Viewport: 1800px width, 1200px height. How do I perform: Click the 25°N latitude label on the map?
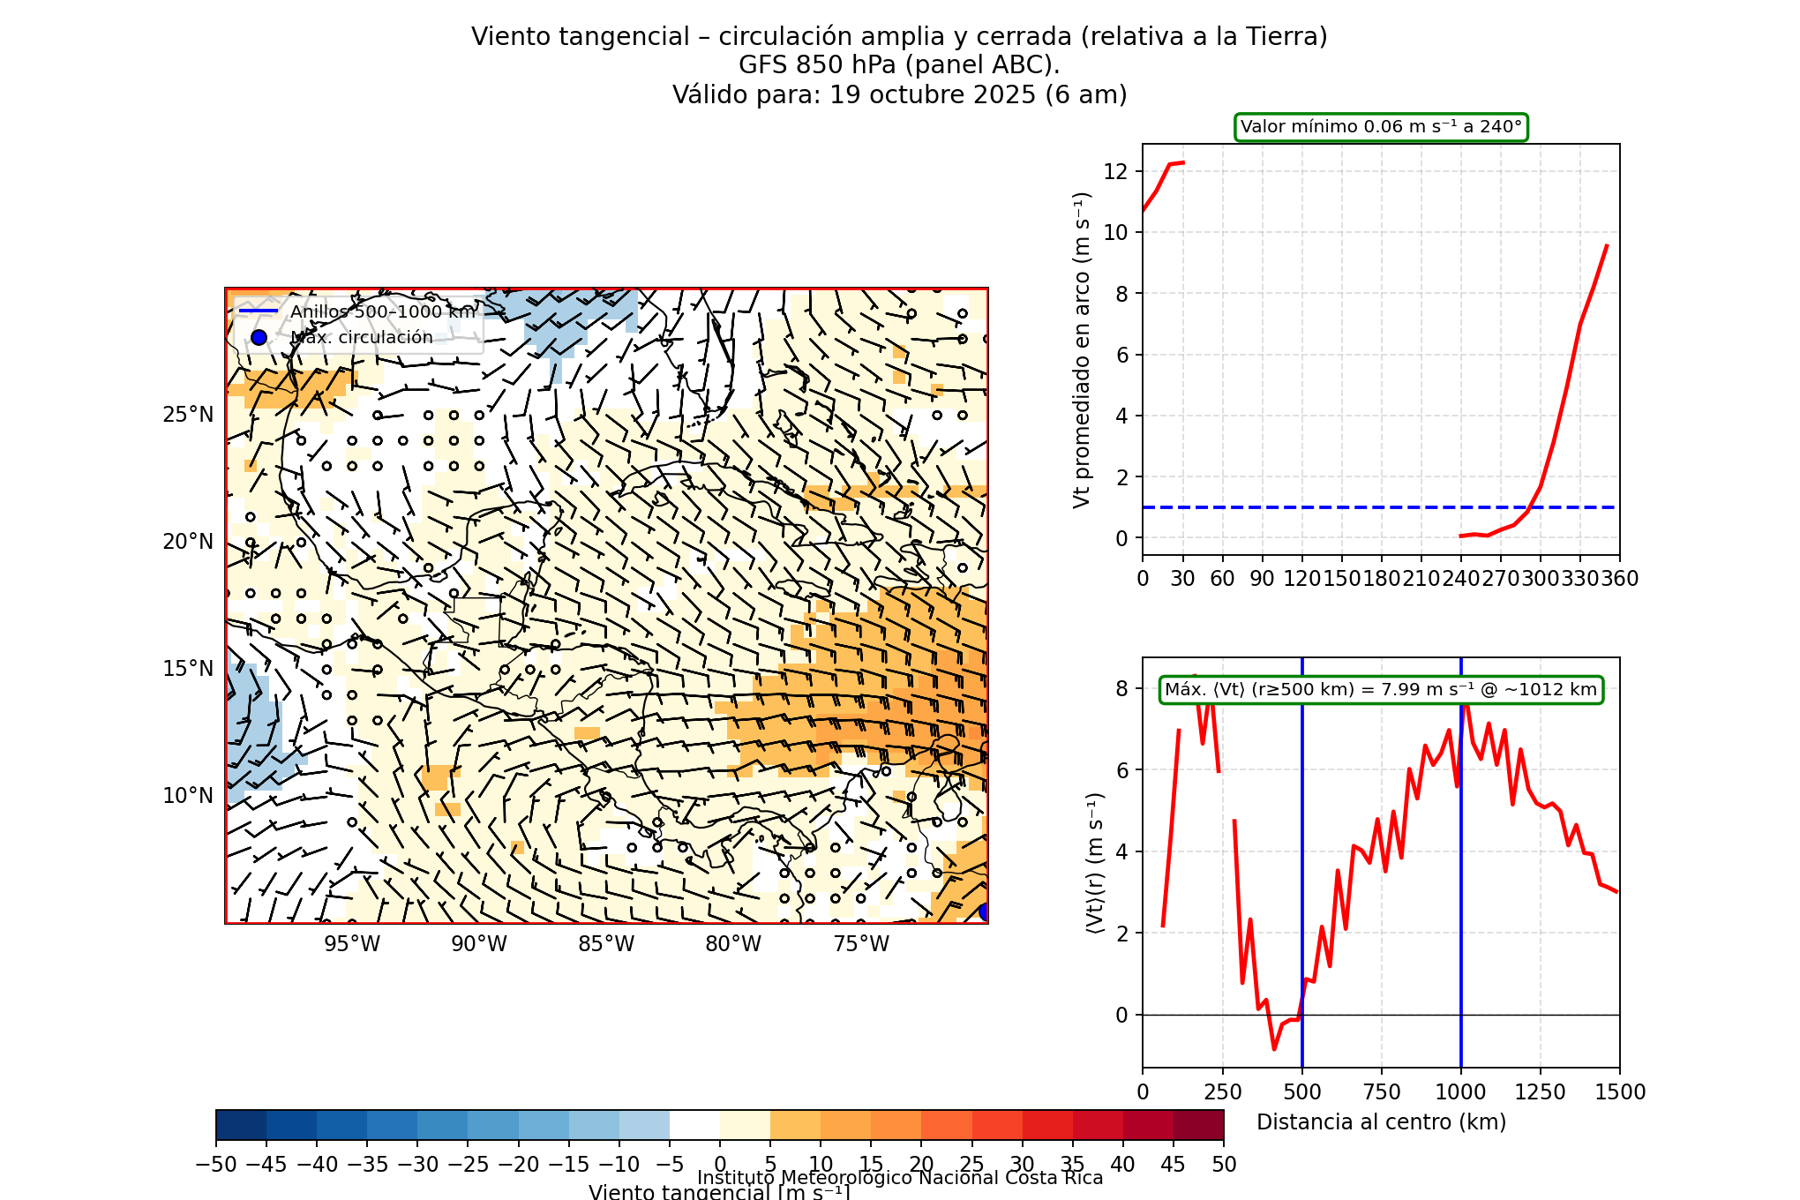click(x=188, y=415)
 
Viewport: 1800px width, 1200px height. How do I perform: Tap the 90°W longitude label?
click(x=479, y=944)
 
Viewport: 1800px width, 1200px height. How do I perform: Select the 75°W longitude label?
click(x=861, y=944)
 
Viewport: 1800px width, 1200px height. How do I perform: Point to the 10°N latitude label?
click(x=188, y=796)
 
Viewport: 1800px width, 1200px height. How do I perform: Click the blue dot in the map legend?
click(x=259, y=337)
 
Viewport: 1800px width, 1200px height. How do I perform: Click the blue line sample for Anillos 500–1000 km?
click(x=259, y=311)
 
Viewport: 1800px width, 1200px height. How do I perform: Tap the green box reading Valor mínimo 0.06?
click(x=1381, y=127)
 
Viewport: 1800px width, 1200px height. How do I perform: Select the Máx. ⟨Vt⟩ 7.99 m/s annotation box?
click(x=1381, y=690)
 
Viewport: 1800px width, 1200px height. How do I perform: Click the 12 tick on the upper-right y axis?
click(x=1115, y=171)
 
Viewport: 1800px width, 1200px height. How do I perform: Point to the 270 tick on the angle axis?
click(x=1500, y=579)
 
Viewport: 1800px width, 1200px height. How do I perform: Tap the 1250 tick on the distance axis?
click(x=1541, y=1092)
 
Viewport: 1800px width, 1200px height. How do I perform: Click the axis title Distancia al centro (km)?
click(x=1381, y=1122)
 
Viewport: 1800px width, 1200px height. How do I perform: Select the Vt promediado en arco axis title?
click(x=1082, y=349)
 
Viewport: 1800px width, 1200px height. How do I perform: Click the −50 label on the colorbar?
click(x=215, y=1165)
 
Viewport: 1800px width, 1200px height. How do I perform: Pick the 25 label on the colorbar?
click(x=971, y=1165)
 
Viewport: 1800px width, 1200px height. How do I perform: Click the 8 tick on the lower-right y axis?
click(x=1121, y=689)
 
